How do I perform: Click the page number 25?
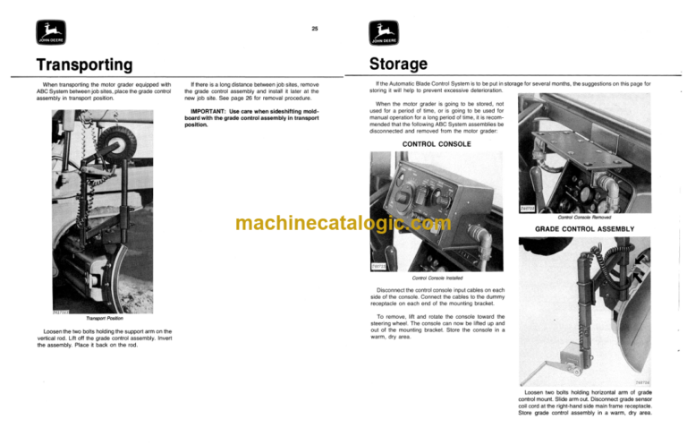pyautogui.click(x=314, y=29)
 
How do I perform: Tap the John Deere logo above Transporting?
pyautogui.click(x=47, y=35)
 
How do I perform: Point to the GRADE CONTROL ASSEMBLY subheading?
pyautogui.click(x=586, y=229)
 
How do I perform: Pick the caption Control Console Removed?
pyautogui.click(x=583, y=216)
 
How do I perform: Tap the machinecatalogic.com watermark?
pyautogui.click(x=343, y=223)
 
